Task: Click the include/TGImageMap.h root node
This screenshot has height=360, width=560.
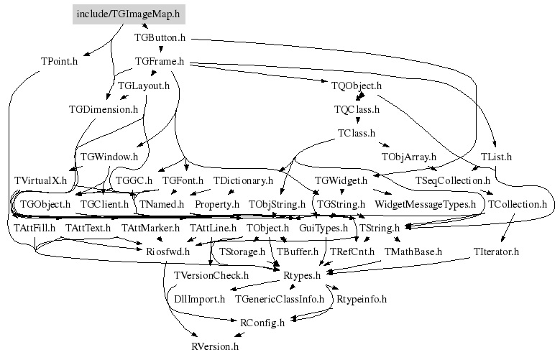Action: (129, 14)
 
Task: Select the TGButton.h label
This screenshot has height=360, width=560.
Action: (160, 38)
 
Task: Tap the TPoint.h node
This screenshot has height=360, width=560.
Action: (59, 61)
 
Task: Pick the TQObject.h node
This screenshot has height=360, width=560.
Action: (357, 86)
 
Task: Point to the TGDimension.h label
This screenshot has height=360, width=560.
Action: (104, 109)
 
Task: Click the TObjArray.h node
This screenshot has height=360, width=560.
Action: (409, 157)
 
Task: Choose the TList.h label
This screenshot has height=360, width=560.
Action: (496, 157)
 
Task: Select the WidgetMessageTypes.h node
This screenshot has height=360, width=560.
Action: (426, 205)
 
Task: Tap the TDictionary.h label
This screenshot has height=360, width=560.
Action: (243, 180)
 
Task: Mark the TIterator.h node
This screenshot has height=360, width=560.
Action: (496, 251)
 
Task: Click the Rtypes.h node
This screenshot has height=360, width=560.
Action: (302, 276)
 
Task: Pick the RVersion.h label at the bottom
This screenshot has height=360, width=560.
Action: (215, 347)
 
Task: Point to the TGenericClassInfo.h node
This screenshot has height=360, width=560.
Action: (280, 300)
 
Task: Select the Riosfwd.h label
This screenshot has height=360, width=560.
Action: (168, 251)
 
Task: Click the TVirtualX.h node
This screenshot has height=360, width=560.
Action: (40, 180)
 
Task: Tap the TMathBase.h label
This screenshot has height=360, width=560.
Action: (413, 251)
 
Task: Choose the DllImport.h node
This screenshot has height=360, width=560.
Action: (200, 300)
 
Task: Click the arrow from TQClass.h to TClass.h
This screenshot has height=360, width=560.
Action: (357, 120)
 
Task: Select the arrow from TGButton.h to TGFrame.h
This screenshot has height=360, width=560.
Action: (161, 49)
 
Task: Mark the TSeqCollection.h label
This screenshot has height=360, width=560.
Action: (453, 180)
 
